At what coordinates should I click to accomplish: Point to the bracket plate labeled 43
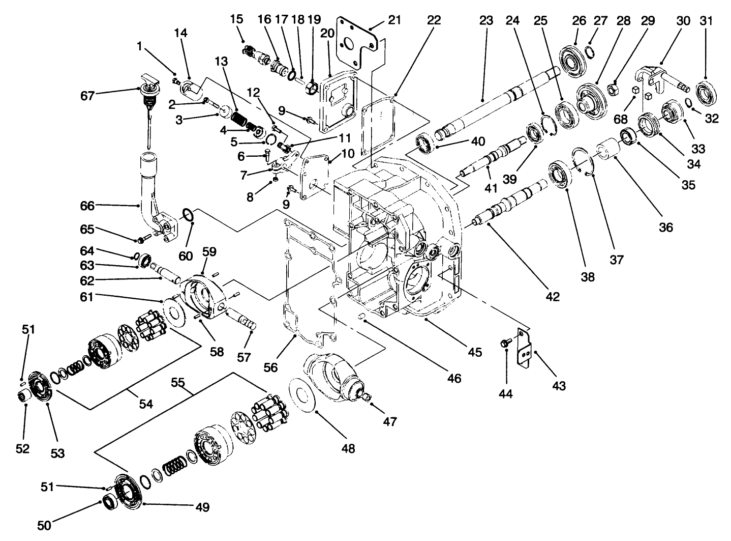coord(524,348)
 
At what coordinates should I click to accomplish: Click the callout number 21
coord(394,20)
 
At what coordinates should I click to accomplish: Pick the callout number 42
coord(552,296)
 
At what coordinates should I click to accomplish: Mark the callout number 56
coord(270,367)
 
